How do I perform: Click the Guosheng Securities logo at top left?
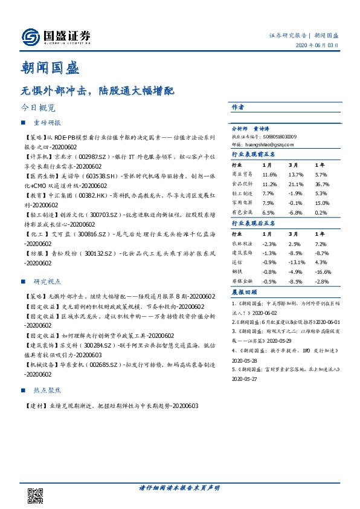click(56, 37)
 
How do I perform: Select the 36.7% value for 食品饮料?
click(323, 183)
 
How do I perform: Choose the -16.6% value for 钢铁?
click(323, 272)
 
